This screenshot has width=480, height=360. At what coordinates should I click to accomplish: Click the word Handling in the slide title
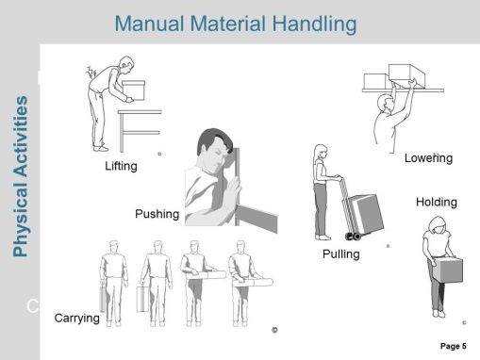pyautogui.click(x=314, y=25)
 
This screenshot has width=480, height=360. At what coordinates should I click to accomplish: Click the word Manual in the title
pyautogui.click(x=149, y=24)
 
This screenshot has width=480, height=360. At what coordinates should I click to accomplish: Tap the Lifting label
pyautogui.click(x=121, y=166)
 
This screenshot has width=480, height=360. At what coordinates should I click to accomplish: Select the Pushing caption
pyautogui.click(x=157, y=214)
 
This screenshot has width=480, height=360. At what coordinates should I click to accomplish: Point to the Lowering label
pyautogui.click(x=428, y=158)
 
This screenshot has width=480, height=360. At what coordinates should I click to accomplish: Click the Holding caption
pyautogui.click(x=437, y=202)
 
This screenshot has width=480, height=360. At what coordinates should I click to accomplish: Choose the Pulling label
pyautogui.click(x=341, y=254)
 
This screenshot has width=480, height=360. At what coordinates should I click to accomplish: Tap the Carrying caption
pyautogui.click(x=77, y=319)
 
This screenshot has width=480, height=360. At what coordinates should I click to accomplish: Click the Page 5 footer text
pyautogui.click(x=454, y=346)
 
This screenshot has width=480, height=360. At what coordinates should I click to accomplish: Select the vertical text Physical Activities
pyautogui.click(x=21, y=176)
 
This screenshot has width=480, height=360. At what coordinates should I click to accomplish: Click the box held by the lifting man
pyautogui.click(x=134, y=90)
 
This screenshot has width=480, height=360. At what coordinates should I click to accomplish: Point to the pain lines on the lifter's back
pyautogui.click(x=91, y=73)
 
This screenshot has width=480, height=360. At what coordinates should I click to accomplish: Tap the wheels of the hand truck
pyautogui.click(x=353, y=237)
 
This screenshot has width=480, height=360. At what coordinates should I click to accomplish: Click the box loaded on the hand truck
pyautogui.click(x=367, y=214)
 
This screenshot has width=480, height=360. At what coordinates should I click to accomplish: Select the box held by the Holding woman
pyautogui.click(x=447, y=270)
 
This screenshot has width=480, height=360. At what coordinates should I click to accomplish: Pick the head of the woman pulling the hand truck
pyautogui.click(x=321, y=153)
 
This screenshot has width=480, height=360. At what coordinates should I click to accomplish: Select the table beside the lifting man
pyautogui.click(x=140, y=130)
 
